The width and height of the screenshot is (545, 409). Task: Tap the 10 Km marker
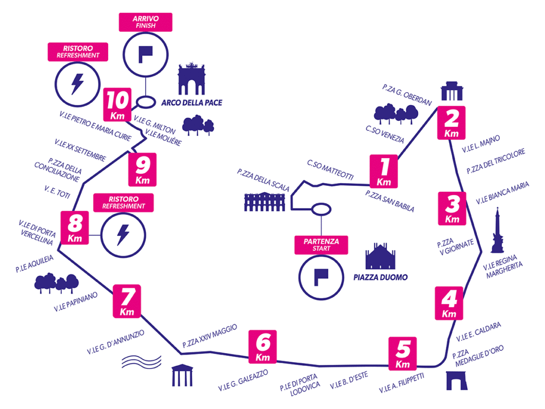(118, 104)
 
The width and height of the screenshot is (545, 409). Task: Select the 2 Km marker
(451, 123)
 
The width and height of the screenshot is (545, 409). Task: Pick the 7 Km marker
(127, 301)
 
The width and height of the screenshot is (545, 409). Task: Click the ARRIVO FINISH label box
(146, 22)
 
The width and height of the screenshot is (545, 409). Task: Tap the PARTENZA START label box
(321, 245)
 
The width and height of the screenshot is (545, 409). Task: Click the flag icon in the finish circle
(146, 55)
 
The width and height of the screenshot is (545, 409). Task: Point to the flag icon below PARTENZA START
(321, 277)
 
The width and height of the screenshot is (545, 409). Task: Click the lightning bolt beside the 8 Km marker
(123, 235)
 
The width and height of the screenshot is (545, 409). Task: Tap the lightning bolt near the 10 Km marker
(78, 84)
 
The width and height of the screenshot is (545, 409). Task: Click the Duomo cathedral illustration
(381, 256)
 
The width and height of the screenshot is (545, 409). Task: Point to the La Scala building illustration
(265, 202)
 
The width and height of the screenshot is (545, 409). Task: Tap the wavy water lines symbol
(142, 362)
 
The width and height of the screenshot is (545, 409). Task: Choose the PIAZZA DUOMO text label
(381, 277)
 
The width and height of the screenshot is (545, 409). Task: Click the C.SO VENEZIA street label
(385, 134)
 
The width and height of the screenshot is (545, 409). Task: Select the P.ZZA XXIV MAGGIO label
(210, 336)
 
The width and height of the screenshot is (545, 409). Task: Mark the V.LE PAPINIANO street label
(76, 302)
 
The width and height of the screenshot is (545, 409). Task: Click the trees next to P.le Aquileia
(56, 283)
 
